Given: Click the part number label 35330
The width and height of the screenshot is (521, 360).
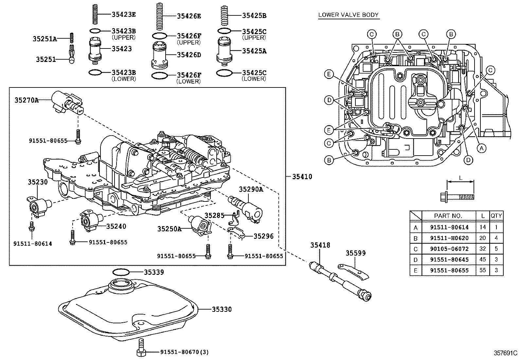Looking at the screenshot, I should point(222,309).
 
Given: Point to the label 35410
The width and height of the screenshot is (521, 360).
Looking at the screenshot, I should point(302,177).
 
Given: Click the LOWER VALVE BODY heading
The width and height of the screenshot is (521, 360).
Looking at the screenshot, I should point(348,15).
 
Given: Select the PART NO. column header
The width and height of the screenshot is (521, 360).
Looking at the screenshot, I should point(448,216).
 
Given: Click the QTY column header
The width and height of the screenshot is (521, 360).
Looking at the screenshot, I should point(496,216).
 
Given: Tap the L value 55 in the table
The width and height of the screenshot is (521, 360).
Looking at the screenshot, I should point(482,270).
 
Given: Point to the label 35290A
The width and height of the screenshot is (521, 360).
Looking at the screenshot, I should point(251,189).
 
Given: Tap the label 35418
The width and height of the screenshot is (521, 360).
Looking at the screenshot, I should point(320,245).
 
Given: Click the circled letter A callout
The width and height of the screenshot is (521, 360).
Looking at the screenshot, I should point(481,148).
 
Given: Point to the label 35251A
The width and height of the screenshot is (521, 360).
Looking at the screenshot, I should point(45,39).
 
